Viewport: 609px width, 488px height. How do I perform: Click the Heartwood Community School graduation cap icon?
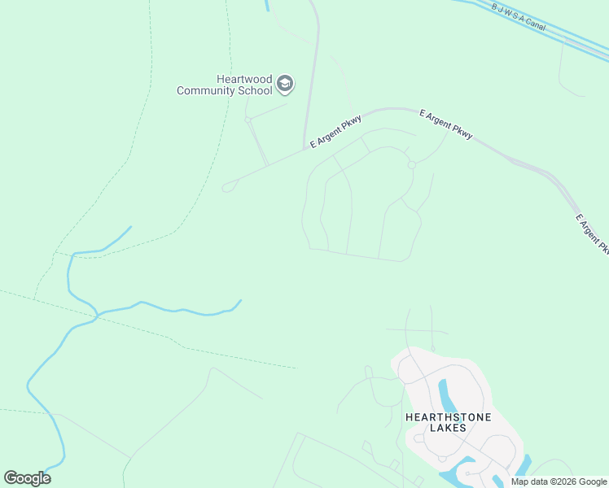coord(285,84)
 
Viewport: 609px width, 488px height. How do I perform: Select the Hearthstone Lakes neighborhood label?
coord(436,422)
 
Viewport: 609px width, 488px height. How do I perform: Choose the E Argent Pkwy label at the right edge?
coord(592,233)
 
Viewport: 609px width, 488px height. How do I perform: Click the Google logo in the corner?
coord(27,478)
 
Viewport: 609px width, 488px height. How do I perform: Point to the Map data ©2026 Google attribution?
coord(559,481)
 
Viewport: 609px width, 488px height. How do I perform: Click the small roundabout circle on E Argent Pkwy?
coord(412,165)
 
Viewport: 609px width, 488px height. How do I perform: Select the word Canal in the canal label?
coord(535,24)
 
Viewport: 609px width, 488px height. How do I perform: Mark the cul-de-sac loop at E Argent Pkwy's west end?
coord(227,187)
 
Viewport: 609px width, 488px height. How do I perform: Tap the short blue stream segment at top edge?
coord(266,5)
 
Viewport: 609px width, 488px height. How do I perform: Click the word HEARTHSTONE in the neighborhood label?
coord(436,417)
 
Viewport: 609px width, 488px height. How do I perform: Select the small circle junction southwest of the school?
coord(248,120)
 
